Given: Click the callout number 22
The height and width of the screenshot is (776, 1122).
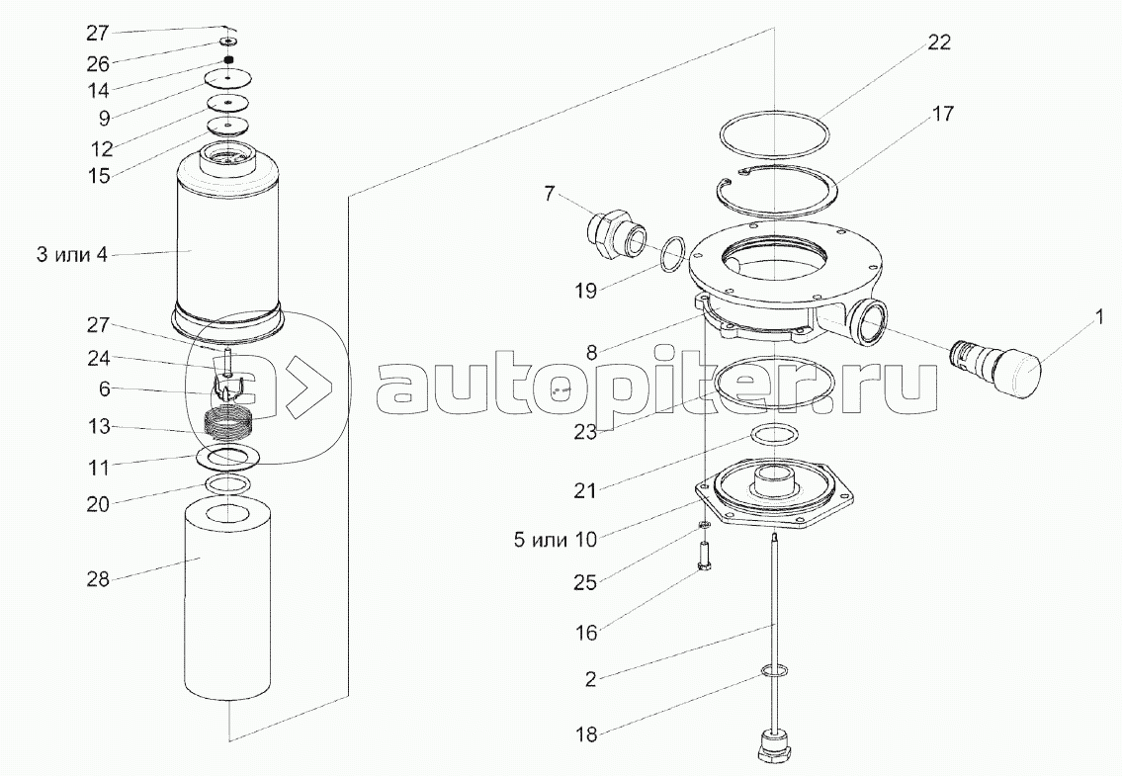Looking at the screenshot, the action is click(939, 43).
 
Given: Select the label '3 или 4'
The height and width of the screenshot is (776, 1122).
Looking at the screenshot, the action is click(72, 254).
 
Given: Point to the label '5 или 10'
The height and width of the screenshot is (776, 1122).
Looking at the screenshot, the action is click(556, 539).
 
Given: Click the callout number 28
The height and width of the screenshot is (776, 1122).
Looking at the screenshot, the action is click(98, 579).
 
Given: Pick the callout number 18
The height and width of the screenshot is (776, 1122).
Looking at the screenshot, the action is click(586, 734).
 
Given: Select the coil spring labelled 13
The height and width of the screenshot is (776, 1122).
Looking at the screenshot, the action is click(227, 419).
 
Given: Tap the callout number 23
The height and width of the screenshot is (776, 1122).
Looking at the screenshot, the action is click(584, 433).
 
